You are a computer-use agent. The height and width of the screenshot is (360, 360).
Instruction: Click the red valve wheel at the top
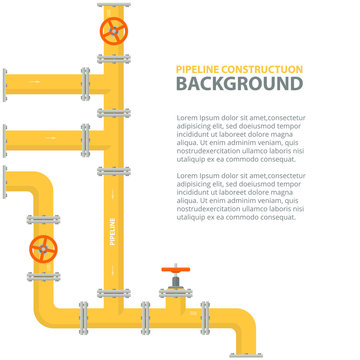113,31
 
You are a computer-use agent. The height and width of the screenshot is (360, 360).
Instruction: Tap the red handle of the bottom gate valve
175,269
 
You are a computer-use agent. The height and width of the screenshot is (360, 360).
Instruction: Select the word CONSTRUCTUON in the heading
263,67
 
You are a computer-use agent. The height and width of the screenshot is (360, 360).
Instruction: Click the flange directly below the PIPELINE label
113,292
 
